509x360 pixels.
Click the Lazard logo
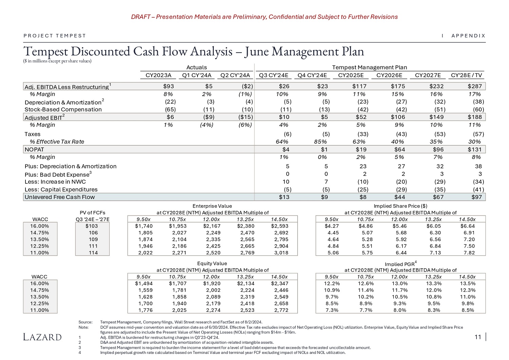pos(42,337)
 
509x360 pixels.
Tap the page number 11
pos(478,337)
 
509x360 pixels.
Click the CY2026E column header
pos(389,75)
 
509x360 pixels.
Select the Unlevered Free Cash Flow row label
pos(60,197)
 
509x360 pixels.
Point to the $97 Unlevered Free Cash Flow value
pos(476,197)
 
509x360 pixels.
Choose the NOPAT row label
pos(34,149)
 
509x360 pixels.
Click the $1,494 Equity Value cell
pos(144,283)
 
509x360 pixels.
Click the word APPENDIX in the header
pos(468,36)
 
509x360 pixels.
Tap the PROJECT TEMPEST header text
pos(55,36)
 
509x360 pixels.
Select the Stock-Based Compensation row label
pos(63,109)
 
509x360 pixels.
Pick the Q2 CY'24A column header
pos(235,75)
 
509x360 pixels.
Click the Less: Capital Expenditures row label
pos(61,190)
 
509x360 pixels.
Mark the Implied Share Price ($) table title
pos(400,206)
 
